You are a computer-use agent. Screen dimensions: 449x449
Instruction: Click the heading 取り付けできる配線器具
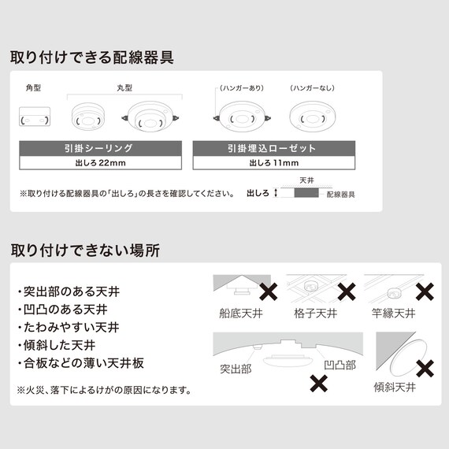pyautogui.click(x=92, y=58)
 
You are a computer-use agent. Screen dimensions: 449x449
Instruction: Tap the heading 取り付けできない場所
pyautogui.click(x=85, y=250)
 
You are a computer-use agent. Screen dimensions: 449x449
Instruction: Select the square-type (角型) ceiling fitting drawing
pyautogui.click(x=35, y=117)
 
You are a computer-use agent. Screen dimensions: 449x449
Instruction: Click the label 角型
pyautogui.click(x=33, y=87)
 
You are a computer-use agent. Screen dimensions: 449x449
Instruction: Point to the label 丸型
pyautogui.click(x=124, y=87)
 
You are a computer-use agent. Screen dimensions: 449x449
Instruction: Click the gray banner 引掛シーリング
pyautogui.click(x=101, y=148)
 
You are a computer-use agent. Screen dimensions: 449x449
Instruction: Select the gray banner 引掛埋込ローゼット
pyautogui.click(x=274, y=148)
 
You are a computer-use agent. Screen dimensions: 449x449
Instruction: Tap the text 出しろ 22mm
pyautogui.click(x=101, y=163)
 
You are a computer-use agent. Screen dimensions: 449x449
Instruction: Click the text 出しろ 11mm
pyautogui.click(x=274, y=163)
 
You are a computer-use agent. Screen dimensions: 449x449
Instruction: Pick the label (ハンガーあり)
pyautogui.click(x=242, y=88)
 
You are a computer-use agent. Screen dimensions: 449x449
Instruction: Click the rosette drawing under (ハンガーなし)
pyautogui.click(x=313, y=117)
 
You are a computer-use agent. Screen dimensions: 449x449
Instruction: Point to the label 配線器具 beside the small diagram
pyautogui.click(x=341, y=195)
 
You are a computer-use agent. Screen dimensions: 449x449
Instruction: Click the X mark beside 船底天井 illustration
pyautogui.click(x=269, y=291)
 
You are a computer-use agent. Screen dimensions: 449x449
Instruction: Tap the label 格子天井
pyautogui.click(x=316, y=314)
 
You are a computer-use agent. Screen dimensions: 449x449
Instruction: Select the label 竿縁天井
pyautogui.click(x=393, y=314)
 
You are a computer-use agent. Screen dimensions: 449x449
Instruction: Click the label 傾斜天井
pyautogui.click(x=395, y=387)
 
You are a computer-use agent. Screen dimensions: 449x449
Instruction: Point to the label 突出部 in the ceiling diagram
pyautogui.click(x=236, y=369)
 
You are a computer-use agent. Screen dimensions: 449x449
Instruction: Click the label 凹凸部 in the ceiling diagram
pyautogui.click(x=340, y=365)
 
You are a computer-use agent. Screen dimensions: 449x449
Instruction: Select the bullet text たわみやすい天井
pyautogui.click(x=69, y=328)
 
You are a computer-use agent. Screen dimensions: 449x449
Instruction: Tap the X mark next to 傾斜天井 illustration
pyautogui.click(x=425, y=369)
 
